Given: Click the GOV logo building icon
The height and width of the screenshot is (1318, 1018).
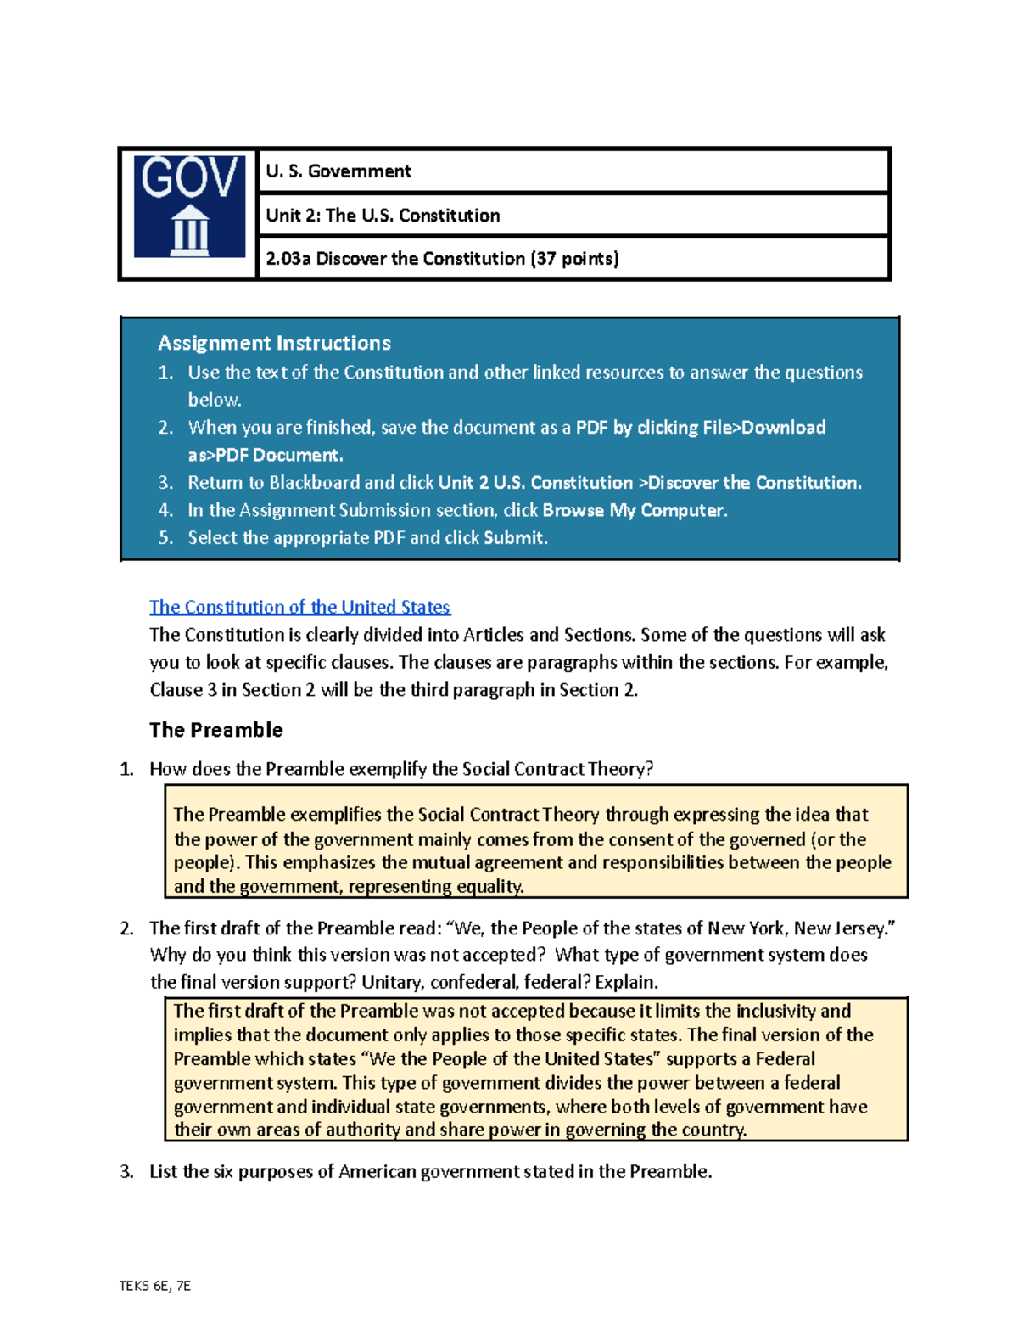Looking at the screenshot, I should click(189, 230).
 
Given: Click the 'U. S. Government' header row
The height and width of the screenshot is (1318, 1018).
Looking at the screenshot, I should click(338, 171).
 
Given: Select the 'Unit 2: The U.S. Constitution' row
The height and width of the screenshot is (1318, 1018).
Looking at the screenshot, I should click(383, 216).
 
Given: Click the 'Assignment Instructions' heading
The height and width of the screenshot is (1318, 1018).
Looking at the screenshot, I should click(274, 343).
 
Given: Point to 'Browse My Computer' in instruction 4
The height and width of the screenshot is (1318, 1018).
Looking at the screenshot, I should click(633, 510).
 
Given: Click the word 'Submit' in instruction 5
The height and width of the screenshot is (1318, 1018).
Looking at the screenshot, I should click(514, 538).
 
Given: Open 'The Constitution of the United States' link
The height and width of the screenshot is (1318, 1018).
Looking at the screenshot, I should click(299, 607).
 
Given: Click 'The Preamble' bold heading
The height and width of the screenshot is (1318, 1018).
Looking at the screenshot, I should click(216, 730).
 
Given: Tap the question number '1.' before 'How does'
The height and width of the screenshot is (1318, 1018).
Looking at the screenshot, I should click(127, 770).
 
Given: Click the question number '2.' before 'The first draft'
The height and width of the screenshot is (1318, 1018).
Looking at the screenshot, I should click(127, 928).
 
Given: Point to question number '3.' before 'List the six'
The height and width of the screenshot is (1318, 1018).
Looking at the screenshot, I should click(127, 1172).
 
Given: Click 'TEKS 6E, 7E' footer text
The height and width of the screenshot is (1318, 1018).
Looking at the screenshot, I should click(155, 1286).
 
